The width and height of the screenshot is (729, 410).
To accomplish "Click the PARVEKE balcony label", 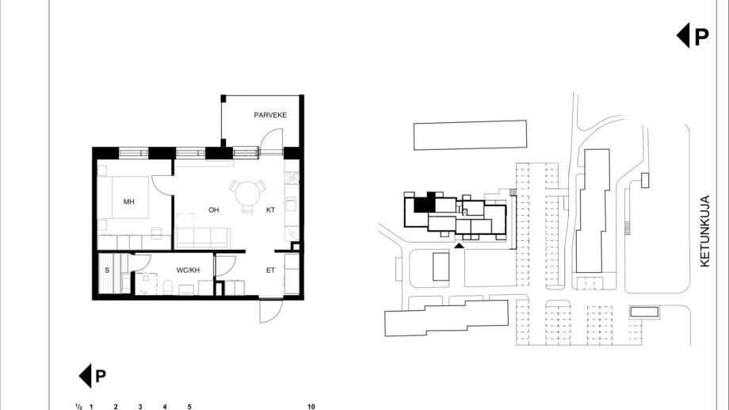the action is pyautogui.click(x=270, y=115).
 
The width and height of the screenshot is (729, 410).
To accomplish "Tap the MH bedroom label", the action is pyautogui.click(x=129, y=201).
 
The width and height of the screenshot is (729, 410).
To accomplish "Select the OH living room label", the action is pyautogui.click(x=213, y=210).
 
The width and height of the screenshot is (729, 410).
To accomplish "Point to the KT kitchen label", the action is pyautogui.click(x=270, y=210).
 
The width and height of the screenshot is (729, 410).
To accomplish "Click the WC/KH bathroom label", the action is pyautogui.click(x=188, y=270).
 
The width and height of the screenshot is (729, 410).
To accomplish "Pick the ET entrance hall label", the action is pyautogui.click(x=270, y=270).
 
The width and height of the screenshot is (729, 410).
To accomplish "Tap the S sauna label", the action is pyautogui.click(x=107, y=270).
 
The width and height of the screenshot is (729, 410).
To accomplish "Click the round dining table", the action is pyautogui.click(x=248, y=194).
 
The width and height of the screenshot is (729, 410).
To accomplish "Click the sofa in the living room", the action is pyautogui.click(x=203, y=237).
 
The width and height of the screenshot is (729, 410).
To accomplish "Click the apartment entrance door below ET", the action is pyautogui.click(x=271, y=311).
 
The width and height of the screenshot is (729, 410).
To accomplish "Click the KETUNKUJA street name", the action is pyautogui.click(x=704, y=231).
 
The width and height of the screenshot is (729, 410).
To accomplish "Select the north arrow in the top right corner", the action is pyautogui.click(x=693, y=36).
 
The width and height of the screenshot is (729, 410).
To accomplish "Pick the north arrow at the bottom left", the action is pyautogui.click(x=92, y=376).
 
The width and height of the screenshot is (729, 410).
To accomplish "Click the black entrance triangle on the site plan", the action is pyautogui.click(x=459, y=245).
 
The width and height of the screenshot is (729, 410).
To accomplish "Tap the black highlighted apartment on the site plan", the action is pyautogui.click(x=425, y=202).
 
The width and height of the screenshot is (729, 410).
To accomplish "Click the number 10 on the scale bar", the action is pyautogui.click(x=311, y=406).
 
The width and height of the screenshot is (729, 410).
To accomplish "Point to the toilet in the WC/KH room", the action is pyautogui.click(x=168, y=287).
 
